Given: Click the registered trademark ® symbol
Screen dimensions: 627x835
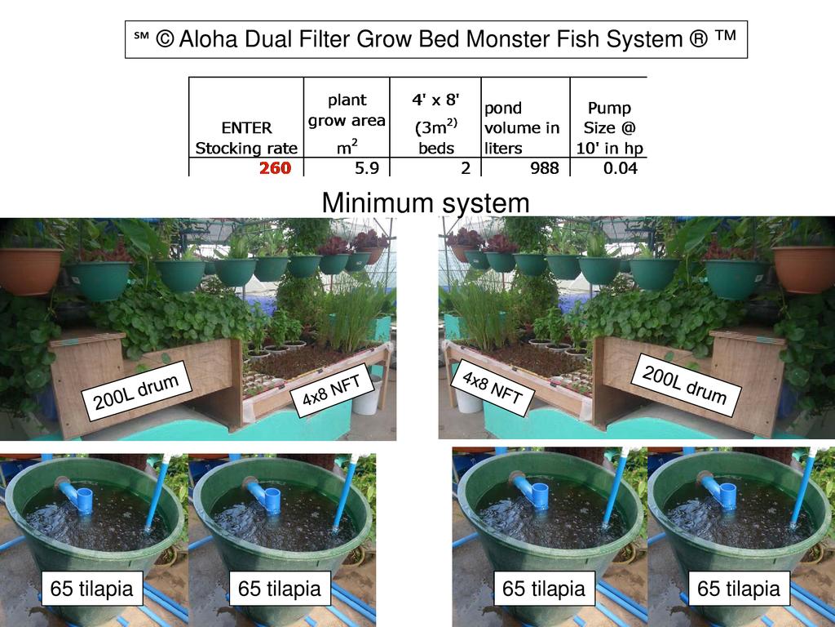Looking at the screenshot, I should click(698, 39).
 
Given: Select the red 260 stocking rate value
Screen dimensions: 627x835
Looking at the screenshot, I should click(275, 168).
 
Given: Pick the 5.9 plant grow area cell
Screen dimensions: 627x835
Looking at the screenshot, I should click(365, 168).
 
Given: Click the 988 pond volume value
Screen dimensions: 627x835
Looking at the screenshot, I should click(543, 168).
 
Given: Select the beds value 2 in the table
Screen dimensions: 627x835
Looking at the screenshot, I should click(465, 168).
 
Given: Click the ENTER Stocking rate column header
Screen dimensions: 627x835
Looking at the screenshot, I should click(246, 138).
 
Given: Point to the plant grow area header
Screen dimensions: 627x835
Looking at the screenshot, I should click(347, 121).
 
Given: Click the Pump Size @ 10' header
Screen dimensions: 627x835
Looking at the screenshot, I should click(609, 128).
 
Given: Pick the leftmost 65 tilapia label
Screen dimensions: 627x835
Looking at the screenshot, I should click(91, 589).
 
